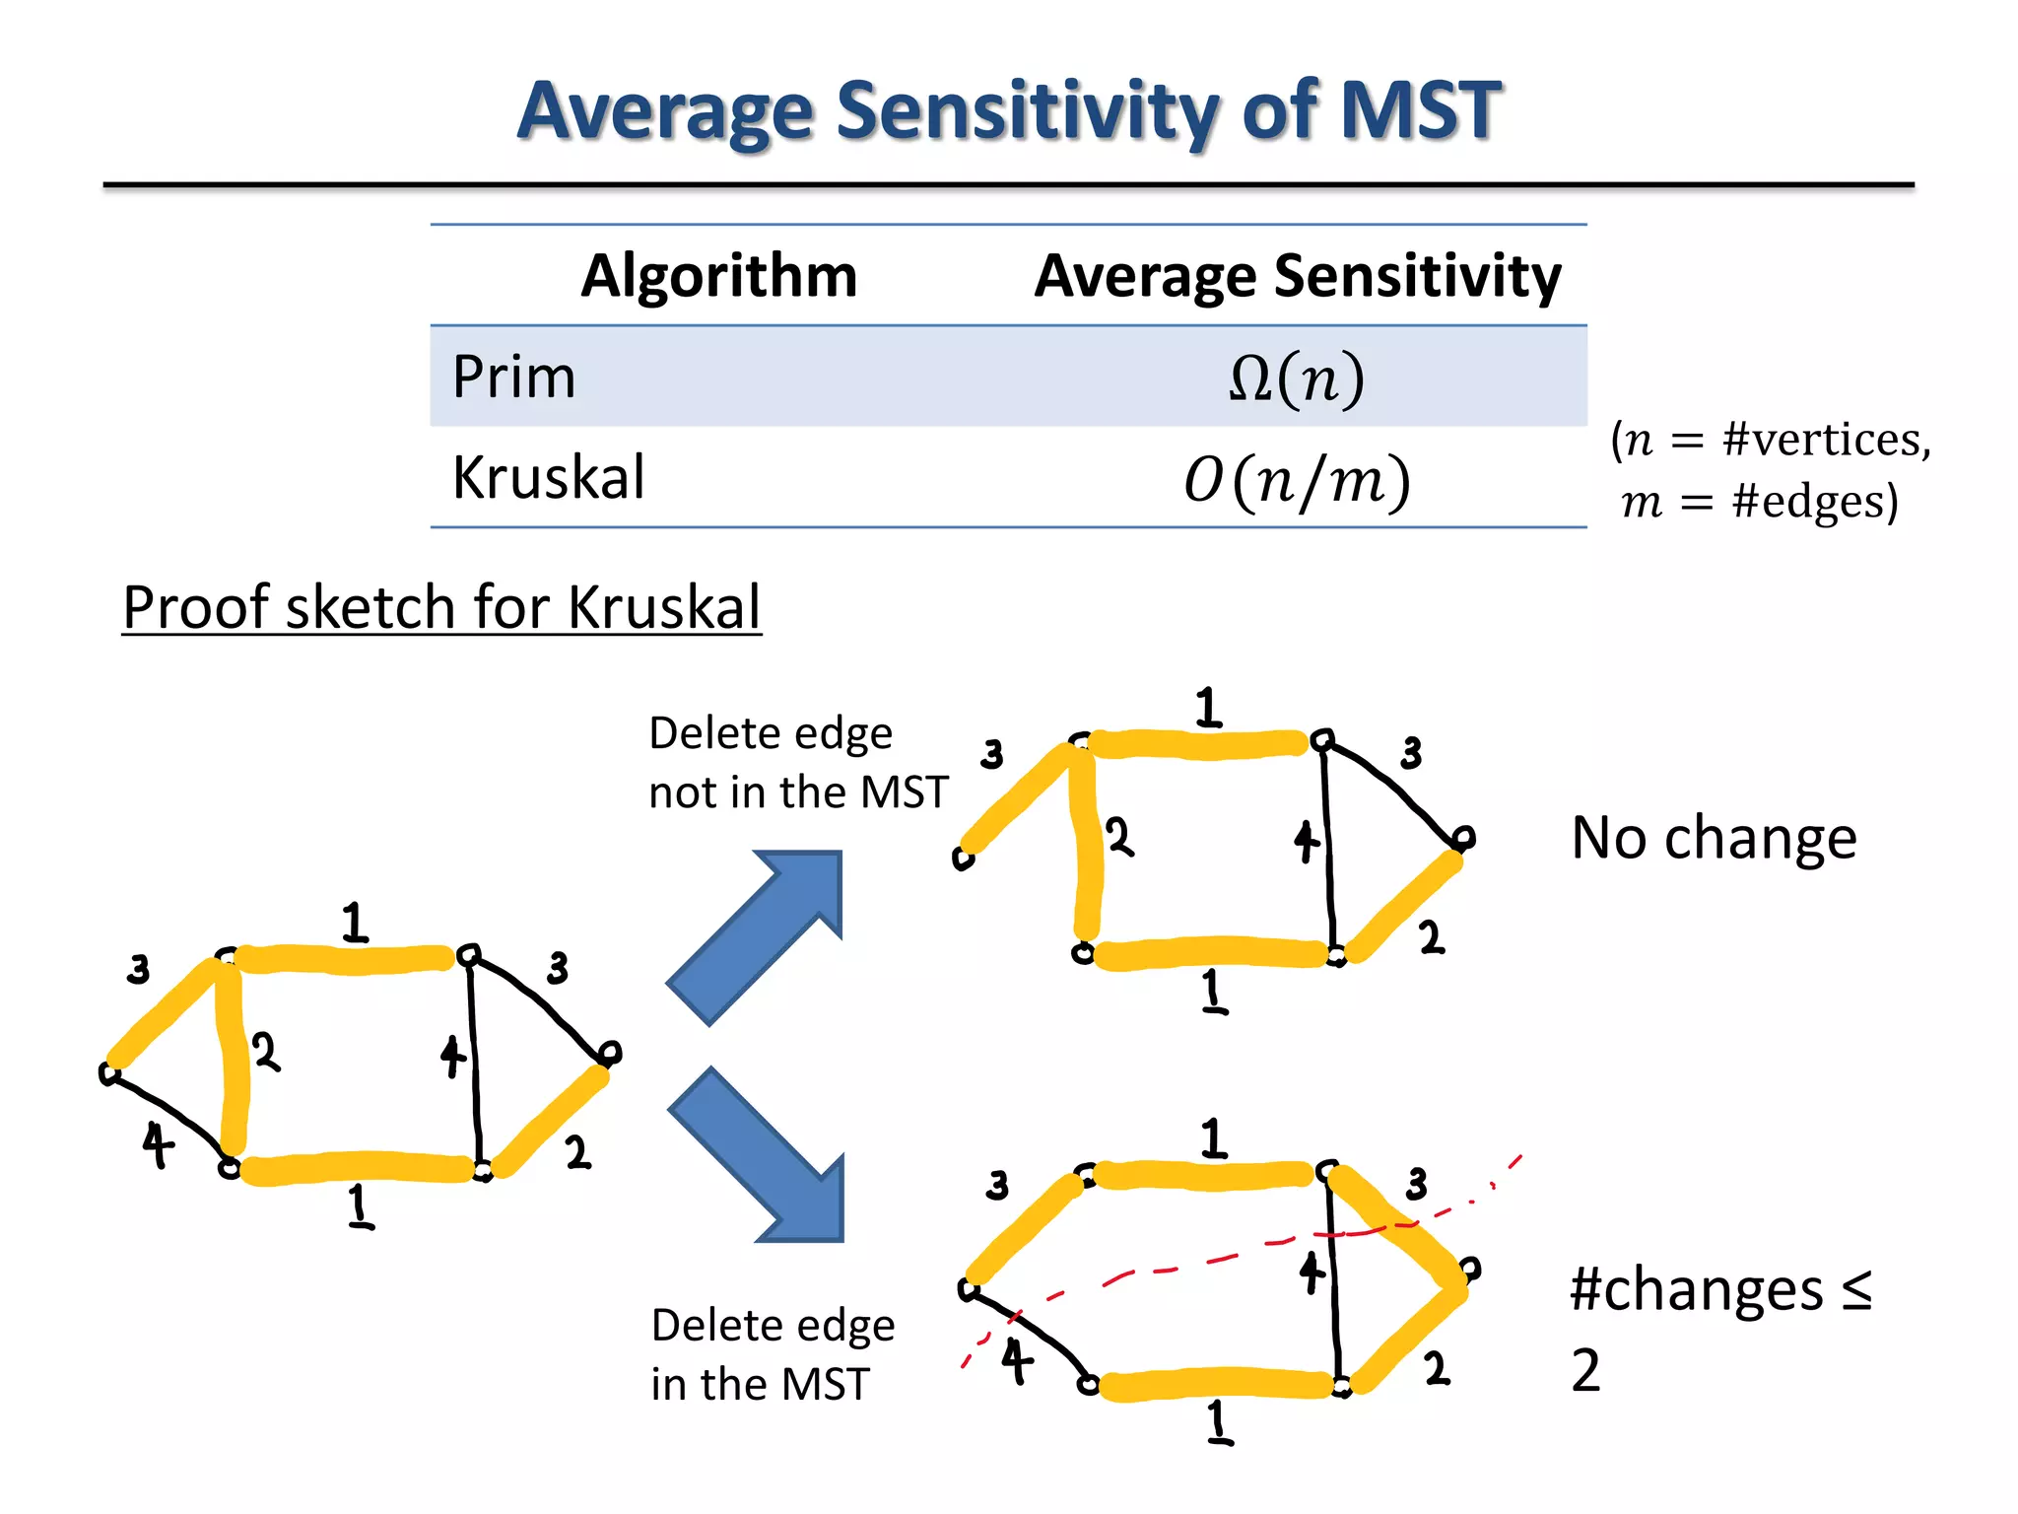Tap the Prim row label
[x=513, y=377]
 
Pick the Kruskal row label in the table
[x=548, y=478]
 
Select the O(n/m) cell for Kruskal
[x=1297, y=480]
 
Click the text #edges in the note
[x=1813, y=502]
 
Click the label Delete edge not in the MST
[x=796, y=763]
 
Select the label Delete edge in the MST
[x=773, y=1354]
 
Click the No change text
[x=1714, y=838]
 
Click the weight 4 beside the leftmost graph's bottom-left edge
[x=158, y=1145]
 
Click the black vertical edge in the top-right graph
[x=1329, y=848]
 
